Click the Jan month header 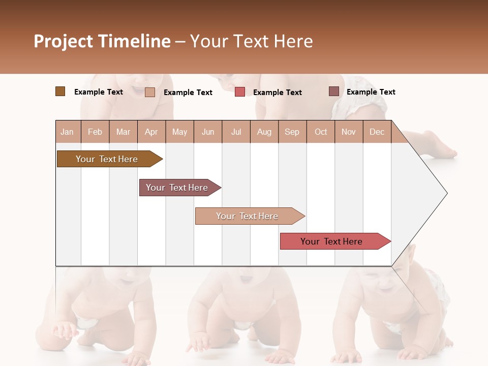click(x=67, y=132)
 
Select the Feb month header click(x=95, y=132)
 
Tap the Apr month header click(x=151, y=132)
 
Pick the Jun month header click(x=208, y=132)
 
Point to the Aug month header click(x=264, y=132)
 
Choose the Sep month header click(x=292, y=132)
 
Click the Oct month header click(x=321, y=132)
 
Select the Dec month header click(x=377, y=132)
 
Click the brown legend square click(x=60, y=91)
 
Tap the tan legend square click(x=150, y=92)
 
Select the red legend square click(x=240, y=92)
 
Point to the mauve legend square click(x=333, y=91)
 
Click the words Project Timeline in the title click(x=102, y=41)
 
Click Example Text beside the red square click(x=277, y=93)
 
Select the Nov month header click(x=349, y=132)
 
